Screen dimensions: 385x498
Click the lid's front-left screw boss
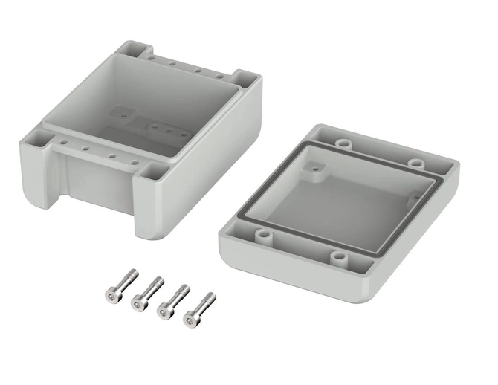262,236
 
